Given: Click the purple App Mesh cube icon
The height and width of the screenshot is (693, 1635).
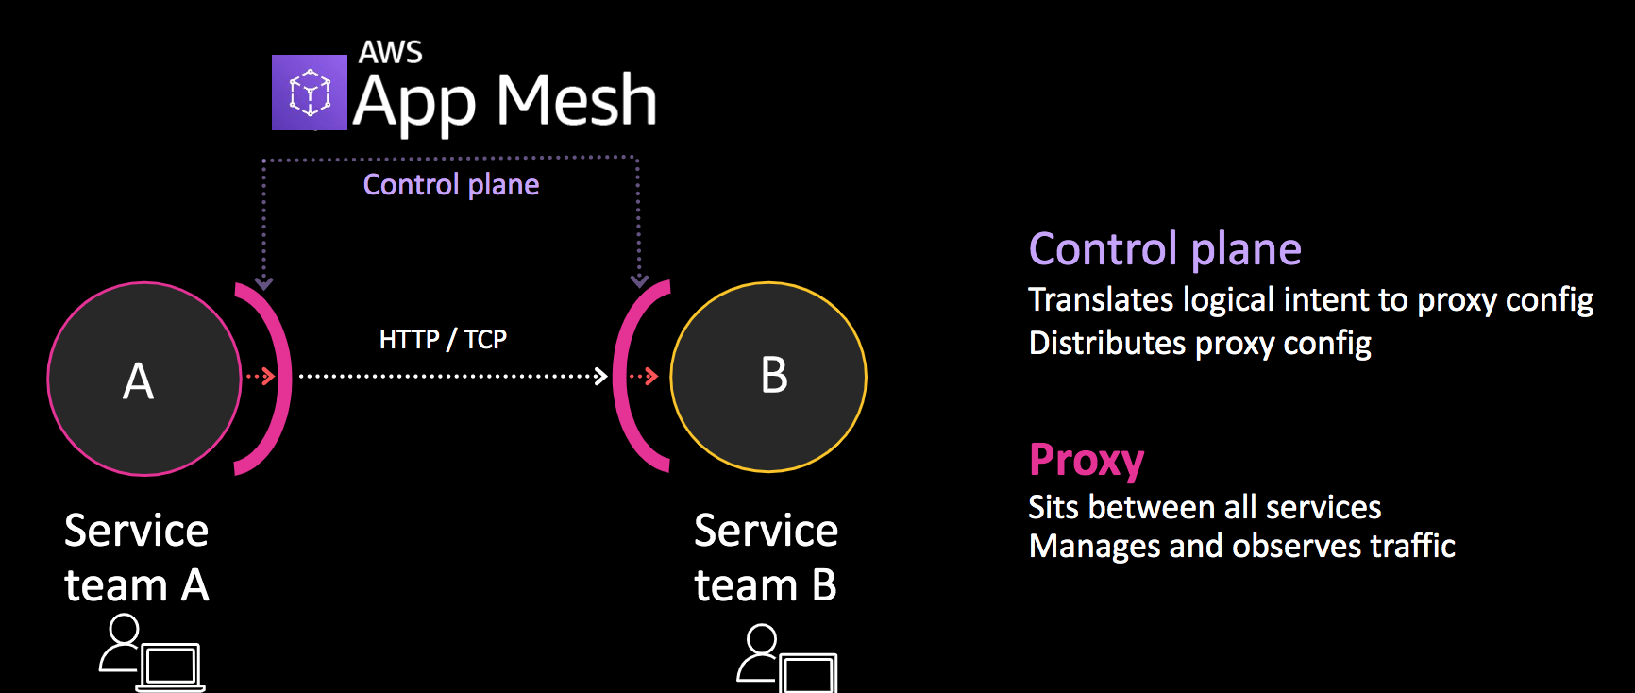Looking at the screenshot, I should (309, 93).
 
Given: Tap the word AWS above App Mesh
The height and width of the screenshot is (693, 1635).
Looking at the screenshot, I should (390, 52).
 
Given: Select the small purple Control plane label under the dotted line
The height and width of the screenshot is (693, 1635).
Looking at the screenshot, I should (451, 184).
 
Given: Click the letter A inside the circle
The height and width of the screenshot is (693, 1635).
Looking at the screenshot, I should (138, 381).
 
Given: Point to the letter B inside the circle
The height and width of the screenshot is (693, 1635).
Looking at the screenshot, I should (774, 376).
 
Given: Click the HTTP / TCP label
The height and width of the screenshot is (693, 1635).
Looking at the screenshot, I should (443, 339).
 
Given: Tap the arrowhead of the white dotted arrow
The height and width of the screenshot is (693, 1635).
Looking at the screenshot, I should (601, 377).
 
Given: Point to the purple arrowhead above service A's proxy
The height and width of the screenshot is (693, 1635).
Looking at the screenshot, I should (264, 283).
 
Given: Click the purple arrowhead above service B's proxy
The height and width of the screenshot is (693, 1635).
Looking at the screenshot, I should (639, 281).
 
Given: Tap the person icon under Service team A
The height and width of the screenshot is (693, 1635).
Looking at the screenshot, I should (122, 643).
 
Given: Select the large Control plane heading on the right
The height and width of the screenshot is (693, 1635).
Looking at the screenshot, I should (1165, 249).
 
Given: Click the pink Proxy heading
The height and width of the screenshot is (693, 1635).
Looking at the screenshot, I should (1087, 460).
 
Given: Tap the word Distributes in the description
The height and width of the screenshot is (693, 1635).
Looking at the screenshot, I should (1105, 343).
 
